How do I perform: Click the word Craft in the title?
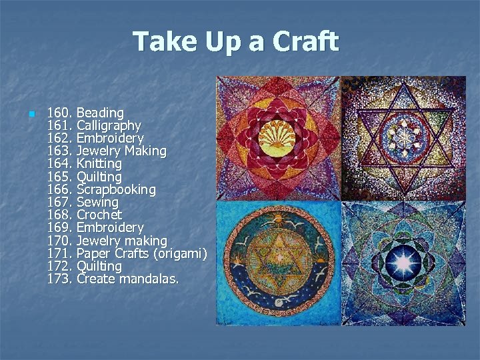coord(305,41)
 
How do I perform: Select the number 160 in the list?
coord(60,113)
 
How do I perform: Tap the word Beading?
coord(100,113)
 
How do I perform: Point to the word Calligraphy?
coord(109,125)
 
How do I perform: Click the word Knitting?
coord(99,164)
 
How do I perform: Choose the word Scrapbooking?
coord(116,190)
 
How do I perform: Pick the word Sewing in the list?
coord(97,202)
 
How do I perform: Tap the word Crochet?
coord(99,215)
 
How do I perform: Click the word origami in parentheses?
coord(181,253)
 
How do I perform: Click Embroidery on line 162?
coord(110,138)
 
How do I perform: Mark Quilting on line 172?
coord(99,266)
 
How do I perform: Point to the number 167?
coord(60,202)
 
